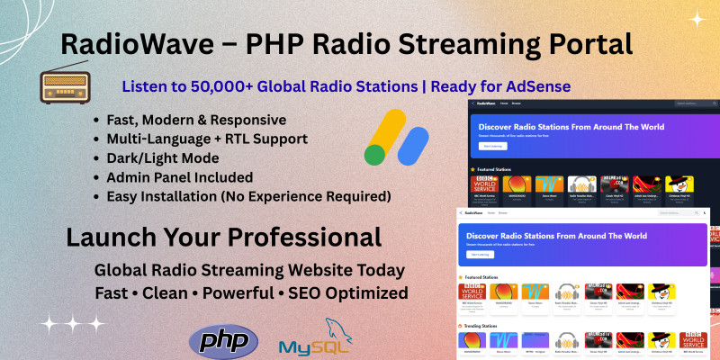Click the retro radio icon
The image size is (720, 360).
pyautogui.click(x=66, y=86)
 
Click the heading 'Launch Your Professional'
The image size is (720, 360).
pyautogui.click(x=224, y=238)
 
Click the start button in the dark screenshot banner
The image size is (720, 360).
pyautogui.click(x=492, y=146)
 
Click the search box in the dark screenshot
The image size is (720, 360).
pyautogui.click(x=683, y=103)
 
